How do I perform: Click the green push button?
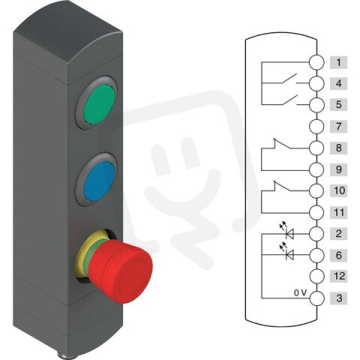coord(99,107)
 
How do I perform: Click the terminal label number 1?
coord(340,62)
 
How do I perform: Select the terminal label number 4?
coord(340,84)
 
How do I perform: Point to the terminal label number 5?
coord(340,105)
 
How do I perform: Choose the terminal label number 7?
coord(340,127)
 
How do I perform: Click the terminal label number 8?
coord(340,148)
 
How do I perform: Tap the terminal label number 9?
coord(340,169)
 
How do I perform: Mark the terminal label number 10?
coord(340,191)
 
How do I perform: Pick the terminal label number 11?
coord(340,213)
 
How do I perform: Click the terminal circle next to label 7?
coord(316,127)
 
